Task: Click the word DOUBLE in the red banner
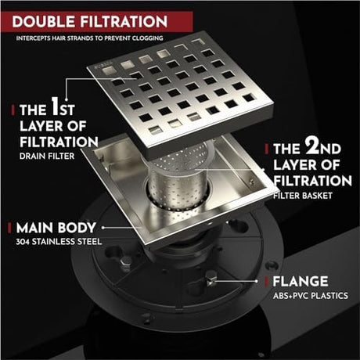click(44, 21)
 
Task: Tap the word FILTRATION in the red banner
click(124, 21)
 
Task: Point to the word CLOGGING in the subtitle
click(147, 38)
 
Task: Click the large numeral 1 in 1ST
click(55, 106)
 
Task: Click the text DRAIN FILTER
click(47, 157)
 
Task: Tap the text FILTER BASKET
click(303, 196)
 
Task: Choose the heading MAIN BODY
click(56, 228)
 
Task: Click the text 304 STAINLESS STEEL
click(59, 242)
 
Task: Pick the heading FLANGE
click(301, 282)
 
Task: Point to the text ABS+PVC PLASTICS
click(311, 296)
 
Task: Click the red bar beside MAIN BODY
click(9, 228)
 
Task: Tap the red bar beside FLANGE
click(267, 282)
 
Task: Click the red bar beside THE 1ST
click(13, 110)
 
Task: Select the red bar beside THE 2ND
click(267, 149)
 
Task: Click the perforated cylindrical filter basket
click(178, 180)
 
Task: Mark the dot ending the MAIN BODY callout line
click(103, 228)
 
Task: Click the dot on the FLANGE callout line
click(256, 281)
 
